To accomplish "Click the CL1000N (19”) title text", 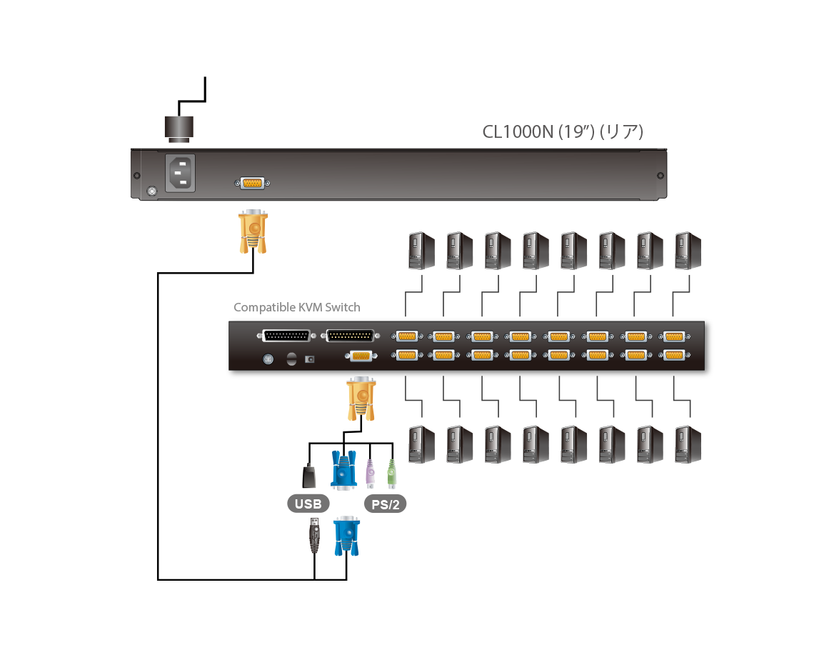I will (563, 132).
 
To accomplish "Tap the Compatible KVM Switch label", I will (297, 308).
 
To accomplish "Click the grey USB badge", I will (308, 504).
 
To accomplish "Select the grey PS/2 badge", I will (386, 504).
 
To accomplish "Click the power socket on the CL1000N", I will (181, 174).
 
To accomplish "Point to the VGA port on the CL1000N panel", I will (252, 184).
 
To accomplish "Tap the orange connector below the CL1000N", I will (253, 231).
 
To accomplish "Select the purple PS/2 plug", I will (370, 474).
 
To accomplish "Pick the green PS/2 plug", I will (391, 474).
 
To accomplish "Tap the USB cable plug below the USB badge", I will (313, 536).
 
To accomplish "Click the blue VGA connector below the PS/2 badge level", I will (346, 536).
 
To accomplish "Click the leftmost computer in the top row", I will (420, 251).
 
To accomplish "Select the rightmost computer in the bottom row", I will (688, 444).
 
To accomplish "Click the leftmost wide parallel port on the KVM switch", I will (287, 336).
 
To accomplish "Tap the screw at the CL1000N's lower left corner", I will (151, 191).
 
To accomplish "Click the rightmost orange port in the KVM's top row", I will (673, 336).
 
